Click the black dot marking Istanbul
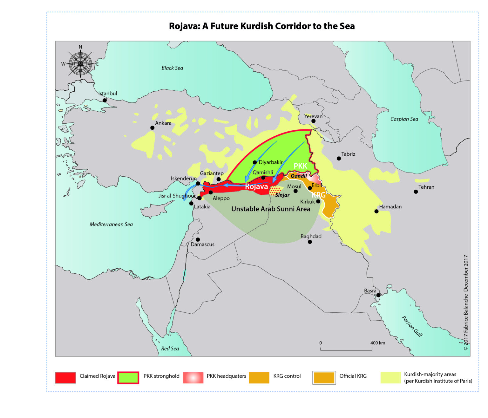click(x=105, y=100)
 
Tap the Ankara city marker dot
click(x=152, y=128)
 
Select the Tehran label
click(x=426, y=187)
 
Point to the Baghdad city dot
click(x=310, y=242)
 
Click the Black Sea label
click(x=172, y=68)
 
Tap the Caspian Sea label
click(x=404, y=119)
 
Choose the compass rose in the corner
click(x=80, y=64)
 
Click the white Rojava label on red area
click(x=256, y=186)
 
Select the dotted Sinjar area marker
click(x=275, y=190)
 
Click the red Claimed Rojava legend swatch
click(x=65, y=378)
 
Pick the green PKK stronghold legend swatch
click(x=128, y=378)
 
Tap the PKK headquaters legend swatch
click(x=193, y=378)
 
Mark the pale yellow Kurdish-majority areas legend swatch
click(x=390, y=378)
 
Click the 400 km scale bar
click(x=346, y=349)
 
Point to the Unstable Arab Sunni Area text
click(x=271, y=209)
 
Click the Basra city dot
click(x=378, y=295)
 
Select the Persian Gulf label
click(x=412, y=326)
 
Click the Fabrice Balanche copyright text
click(x=466, y=303)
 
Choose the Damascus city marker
click(x=198, y=239)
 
